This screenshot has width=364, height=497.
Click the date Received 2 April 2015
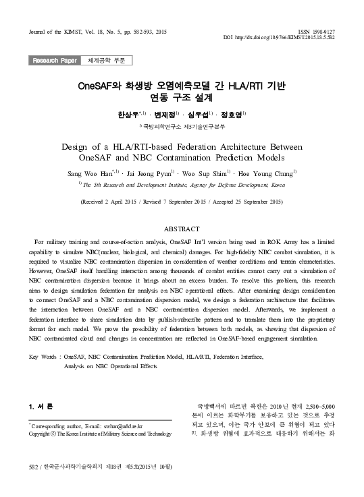pyautogui.click(x=117, y=202)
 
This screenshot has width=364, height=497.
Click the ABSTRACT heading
pyautogui.click(x=182, y=230)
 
